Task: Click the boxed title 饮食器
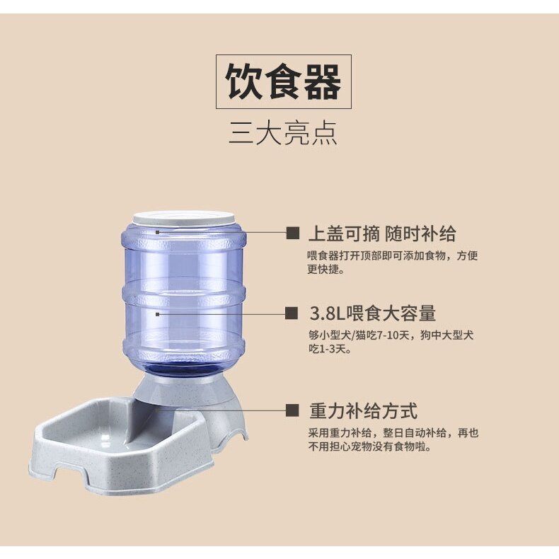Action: click(x=284, y=81)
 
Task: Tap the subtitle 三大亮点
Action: click(x=283, y=133)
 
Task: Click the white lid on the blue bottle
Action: click(x=184, y=218)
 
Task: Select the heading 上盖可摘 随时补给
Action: click(x=382, y=234)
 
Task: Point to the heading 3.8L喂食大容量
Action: click(x=372, y=313)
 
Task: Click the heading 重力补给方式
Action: click(x=363, y=410)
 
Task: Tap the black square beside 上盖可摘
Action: click(x=293, y=234)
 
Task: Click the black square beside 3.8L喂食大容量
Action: click(x=292, y=313)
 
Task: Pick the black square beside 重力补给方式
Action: click(x=292, y=410)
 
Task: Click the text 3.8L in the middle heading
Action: click(x=325, y=313)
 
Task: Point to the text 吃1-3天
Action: click(x=327, y=349)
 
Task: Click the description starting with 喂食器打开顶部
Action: click(x=393, y=262)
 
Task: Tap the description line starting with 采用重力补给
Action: click(x=393, y=433)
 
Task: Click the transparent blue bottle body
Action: click(x=183, y=296)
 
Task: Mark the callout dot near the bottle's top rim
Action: click(x=158, y=232)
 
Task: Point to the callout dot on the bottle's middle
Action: click(x=158, y=314)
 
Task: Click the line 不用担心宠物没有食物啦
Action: click(x=369, y=446)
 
